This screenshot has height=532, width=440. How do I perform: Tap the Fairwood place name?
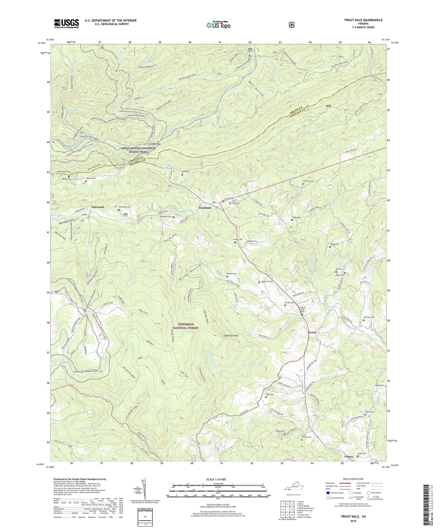click(x=97, y=207)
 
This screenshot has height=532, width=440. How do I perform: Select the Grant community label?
click(x=312, y=332)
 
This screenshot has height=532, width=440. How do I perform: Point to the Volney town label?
click(x=349, y=457)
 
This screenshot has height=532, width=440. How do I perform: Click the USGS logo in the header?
click(x=67, y=23)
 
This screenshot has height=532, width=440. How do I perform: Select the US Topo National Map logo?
click(x=218, y=25)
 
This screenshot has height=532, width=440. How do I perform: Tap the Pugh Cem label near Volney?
click(x=362, y=453)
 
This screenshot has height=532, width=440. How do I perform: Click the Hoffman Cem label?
click(x=369, y=317)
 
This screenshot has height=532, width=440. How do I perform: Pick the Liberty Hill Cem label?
click(x=303, y=310)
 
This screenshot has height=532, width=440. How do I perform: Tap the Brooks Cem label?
click(x=66, y=179)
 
